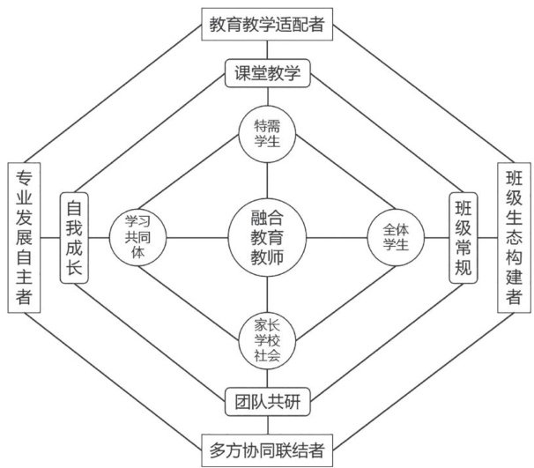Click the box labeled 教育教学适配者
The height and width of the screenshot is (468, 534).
coord(267,24)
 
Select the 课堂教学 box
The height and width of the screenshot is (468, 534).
coord(267,74)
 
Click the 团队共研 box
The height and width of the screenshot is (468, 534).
coord(267,401)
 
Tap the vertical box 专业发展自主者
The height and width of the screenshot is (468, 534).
coord(24,236)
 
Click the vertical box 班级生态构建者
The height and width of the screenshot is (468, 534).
coord(514,236)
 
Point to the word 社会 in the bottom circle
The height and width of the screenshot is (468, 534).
coord(267,356)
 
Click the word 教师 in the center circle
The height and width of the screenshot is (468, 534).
coord(267,256)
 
